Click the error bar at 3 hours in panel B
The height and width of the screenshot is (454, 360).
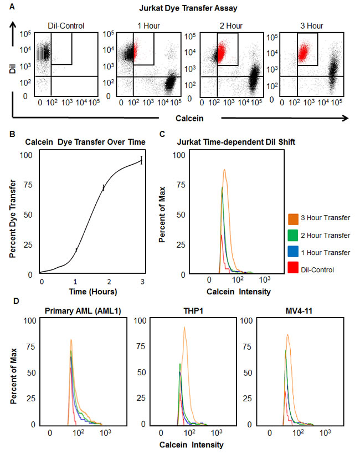(141, 161)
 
